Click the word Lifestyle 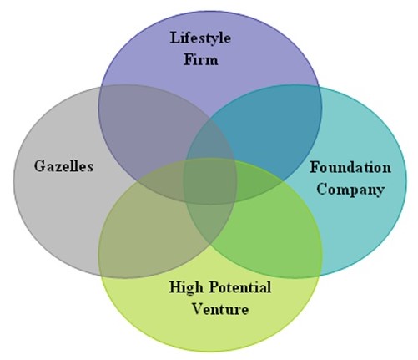point(200,38)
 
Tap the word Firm point(201,59)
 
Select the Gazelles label point(63,166)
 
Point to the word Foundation point(350,167)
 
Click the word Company point(350,190)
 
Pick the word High point(186,287)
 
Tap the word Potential point(240,286)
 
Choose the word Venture point(220,309)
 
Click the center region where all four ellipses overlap point(210,181)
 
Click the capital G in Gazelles point(40,166)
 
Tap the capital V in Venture point(199,309)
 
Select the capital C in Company point(322,189)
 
